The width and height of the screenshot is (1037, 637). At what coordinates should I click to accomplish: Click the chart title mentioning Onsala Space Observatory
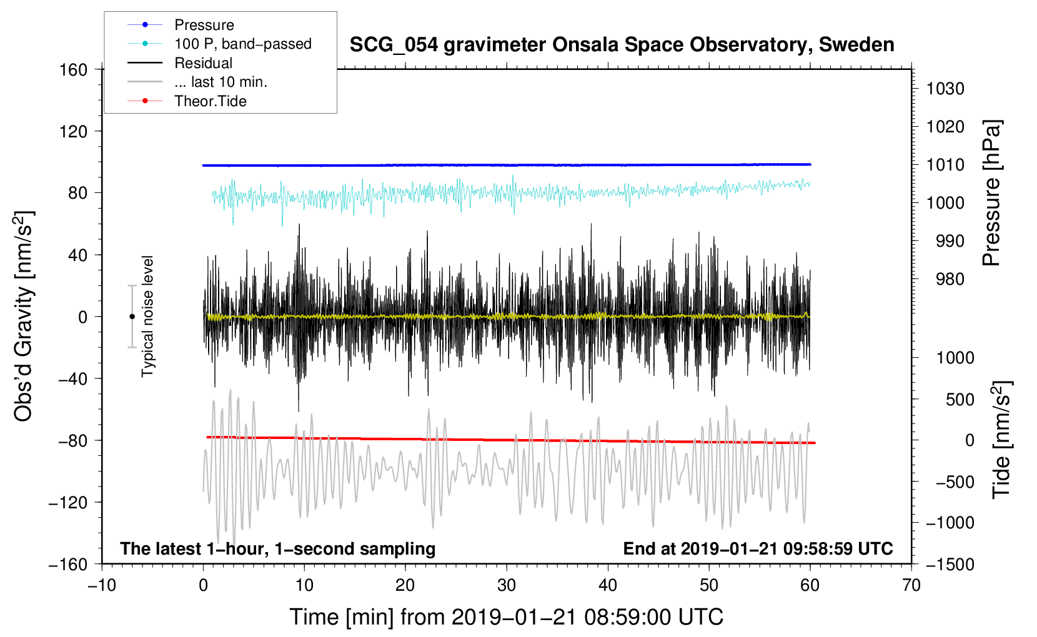pos(622,45)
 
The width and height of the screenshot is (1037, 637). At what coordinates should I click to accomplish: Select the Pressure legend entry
pos(181,24)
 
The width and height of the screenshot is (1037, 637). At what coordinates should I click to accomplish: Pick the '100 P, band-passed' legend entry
pos(219,44)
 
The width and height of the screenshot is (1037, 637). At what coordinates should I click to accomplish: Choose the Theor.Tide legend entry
pos(187,101)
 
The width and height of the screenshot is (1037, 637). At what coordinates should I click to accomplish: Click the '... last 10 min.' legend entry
pos(197,82)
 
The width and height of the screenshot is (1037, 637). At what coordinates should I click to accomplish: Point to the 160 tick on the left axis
pos(74,70)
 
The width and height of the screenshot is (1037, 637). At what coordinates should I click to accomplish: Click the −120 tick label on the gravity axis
pos(68,502)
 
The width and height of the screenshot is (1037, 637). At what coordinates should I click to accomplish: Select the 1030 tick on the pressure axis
pos(945,89)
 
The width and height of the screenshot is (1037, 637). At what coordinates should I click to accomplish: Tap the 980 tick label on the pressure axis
pos(950,279)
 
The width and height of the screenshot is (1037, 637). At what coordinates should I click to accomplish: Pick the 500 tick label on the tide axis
pos(960,400)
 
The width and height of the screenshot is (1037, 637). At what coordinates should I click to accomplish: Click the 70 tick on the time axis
pos(911,586)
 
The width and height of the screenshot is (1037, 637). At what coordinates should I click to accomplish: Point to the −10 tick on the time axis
pos(102,586)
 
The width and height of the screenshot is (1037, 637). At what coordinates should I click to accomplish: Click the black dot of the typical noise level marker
pos(132,317)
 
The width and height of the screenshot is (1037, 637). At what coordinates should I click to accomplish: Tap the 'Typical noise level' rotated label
pos(147,317)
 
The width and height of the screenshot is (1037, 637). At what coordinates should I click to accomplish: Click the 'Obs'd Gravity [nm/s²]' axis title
pos(23,316)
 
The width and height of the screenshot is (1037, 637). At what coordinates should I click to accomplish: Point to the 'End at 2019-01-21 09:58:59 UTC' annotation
pos(758,548)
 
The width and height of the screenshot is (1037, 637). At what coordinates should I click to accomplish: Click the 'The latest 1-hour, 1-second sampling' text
pos(278,549)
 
